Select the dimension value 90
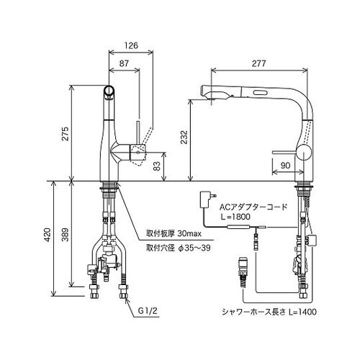[286, 165]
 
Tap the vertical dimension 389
[64, 234]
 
